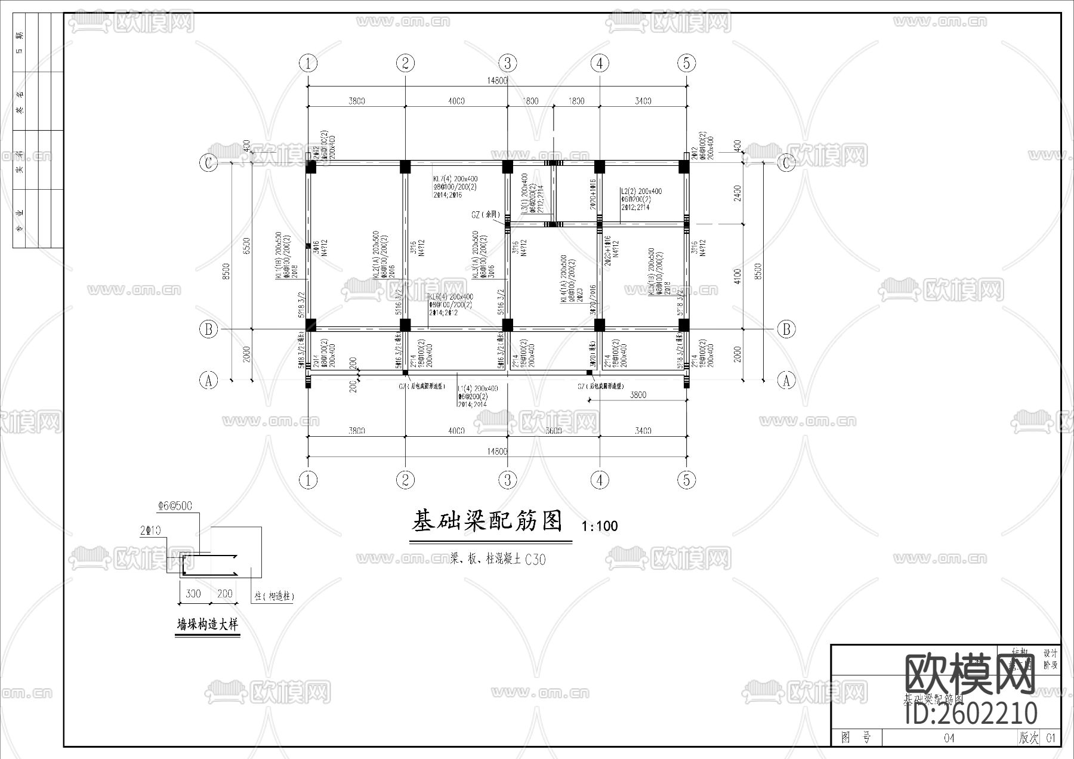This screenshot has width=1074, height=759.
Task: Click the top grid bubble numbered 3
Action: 507,63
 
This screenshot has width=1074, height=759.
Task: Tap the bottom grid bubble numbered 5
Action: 686,480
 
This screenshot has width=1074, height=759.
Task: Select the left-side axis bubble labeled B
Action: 208,329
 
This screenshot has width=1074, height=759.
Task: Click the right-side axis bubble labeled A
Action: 786,380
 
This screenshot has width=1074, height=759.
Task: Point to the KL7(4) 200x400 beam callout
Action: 455,178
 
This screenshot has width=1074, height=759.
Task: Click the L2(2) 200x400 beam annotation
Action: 641,192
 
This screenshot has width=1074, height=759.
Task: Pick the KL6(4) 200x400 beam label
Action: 451,297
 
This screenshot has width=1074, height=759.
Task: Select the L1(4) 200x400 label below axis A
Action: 477,388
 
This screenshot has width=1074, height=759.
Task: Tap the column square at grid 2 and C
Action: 405,166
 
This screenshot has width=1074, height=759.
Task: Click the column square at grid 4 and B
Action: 600,325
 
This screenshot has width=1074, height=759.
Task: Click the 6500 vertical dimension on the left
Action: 246,245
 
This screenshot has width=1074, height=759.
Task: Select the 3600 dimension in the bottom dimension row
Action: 553,430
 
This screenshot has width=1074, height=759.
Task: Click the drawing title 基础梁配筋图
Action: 487,521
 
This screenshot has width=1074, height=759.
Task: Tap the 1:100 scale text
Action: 599,526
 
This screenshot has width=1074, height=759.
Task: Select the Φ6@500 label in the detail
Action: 175,506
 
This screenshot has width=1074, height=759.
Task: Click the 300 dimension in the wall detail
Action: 193,594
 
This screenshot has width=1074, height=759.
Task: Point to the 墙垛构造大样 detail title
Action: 207,625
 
